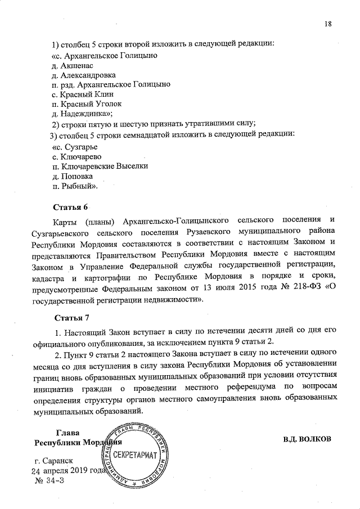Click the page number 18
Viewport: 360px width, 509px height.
328,23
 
